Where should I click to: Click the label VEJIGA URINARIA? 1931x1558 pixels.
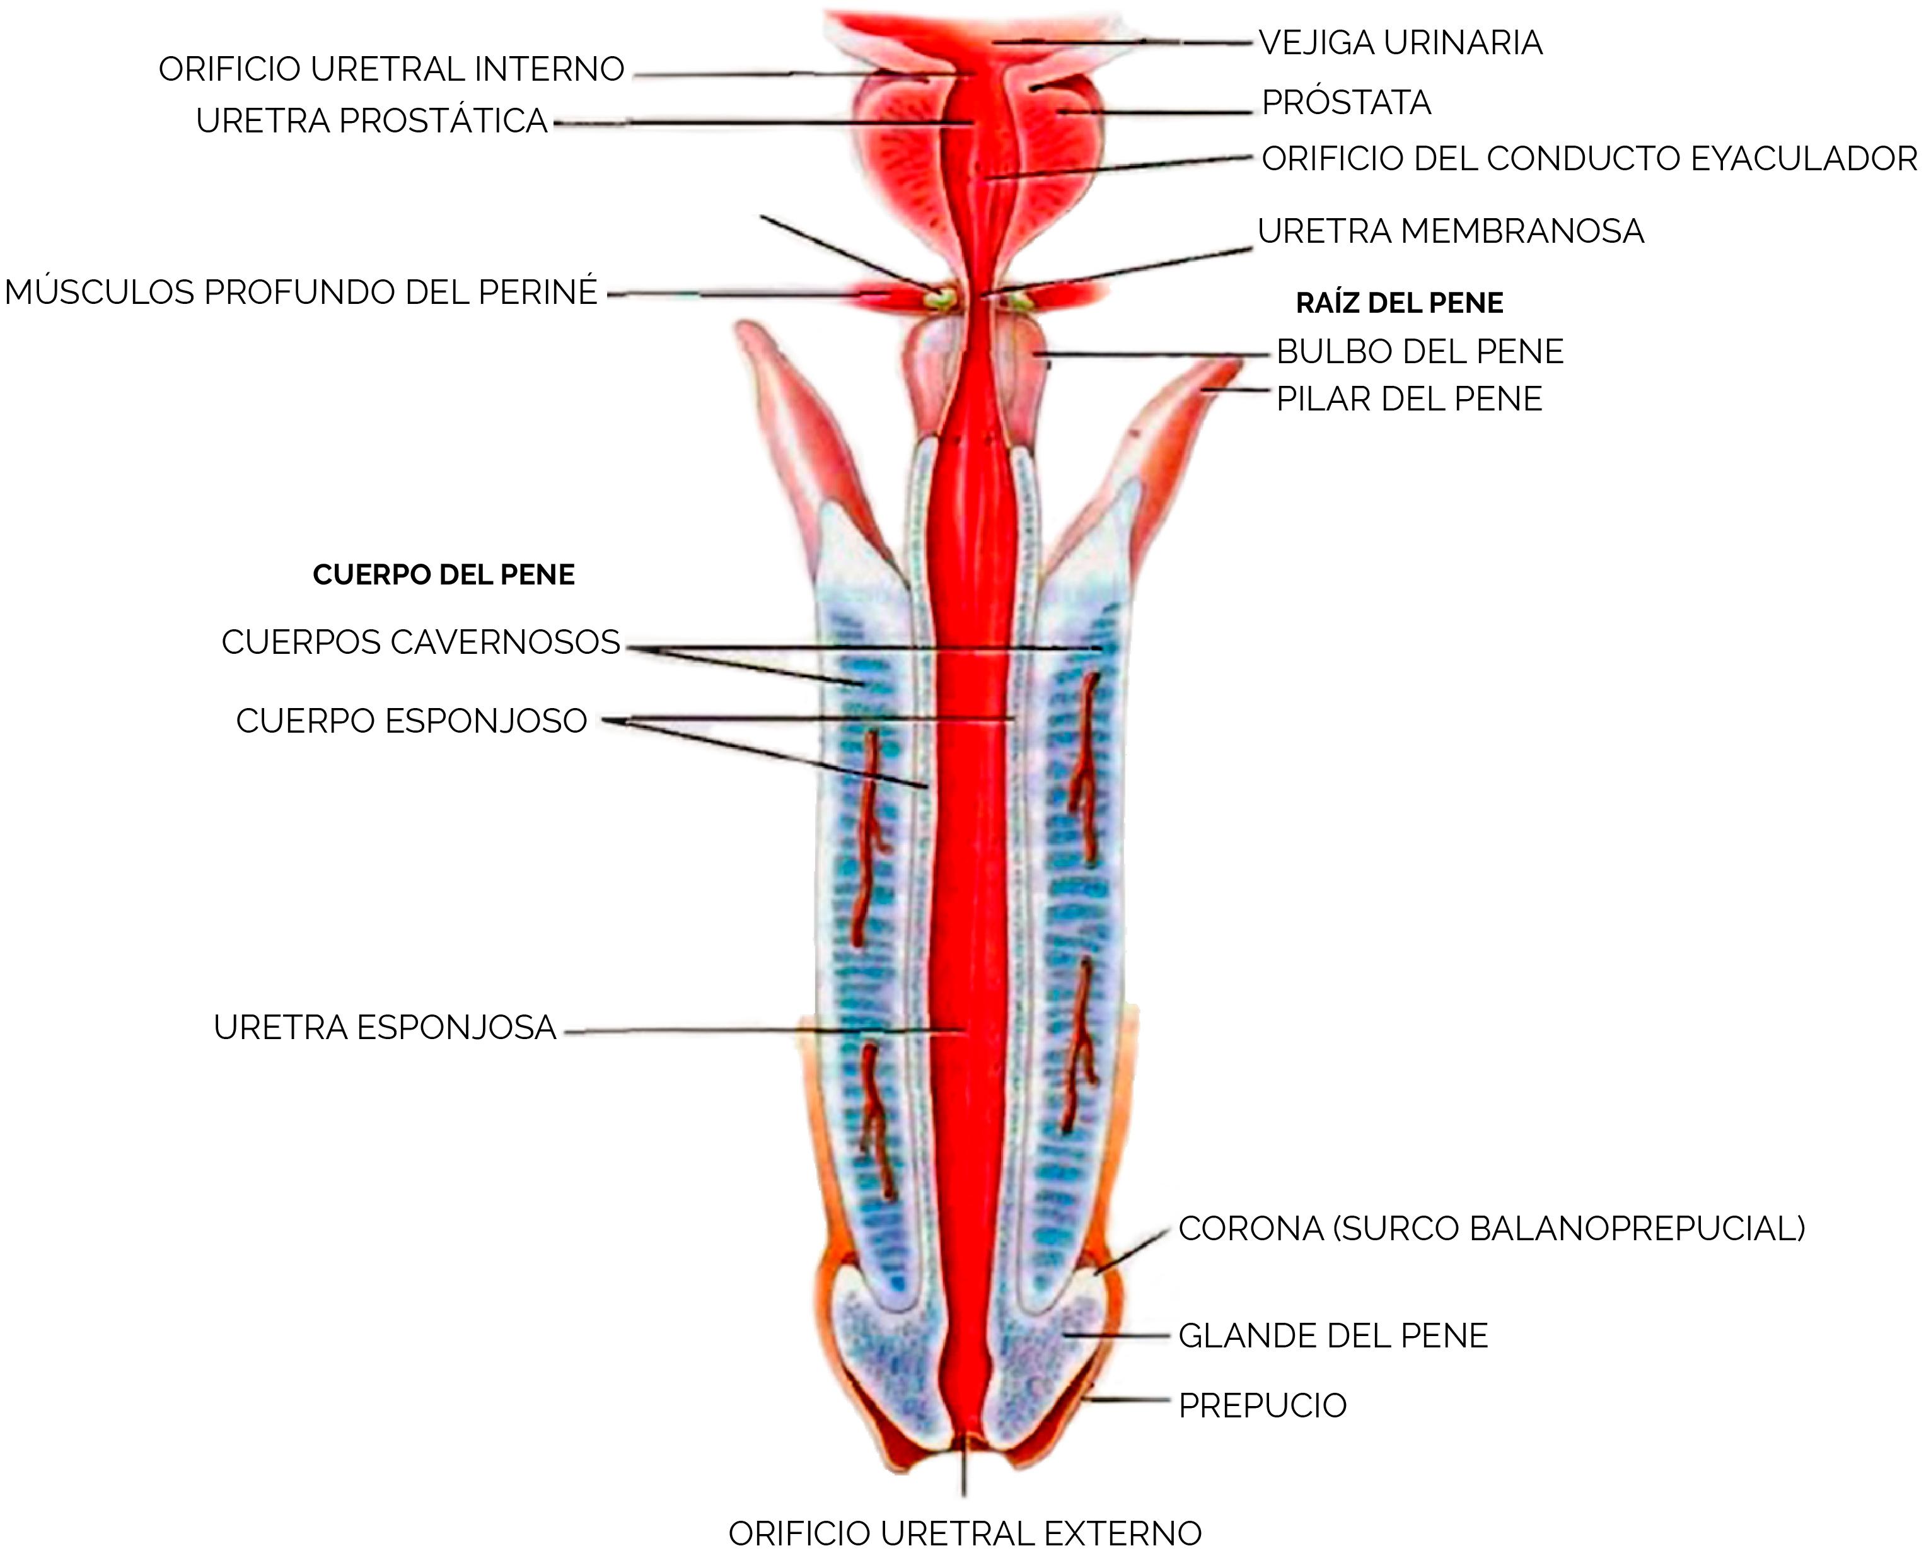[x=1401, y=42]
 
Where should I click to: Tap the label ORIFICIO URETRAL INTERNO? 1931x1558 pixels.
[x=391, y=69]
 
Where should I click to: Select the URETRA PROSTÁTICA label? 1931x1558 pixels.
[x=371, y=120]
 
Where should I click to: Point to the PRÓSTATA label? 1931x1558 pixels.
[x=1346, y=102]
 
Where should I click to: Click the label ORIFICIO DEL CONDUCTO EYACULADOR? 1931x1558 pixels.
[x=1589, y=159]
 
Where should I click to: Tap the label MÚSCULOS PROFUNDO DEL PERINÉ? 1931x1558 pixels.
[x=301, y=293]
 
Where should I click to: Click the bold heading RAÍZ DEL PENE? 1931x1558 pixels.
[x=1400, y=303]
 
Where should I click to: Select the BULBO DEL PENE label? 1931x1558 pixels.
[x=1420, y=351]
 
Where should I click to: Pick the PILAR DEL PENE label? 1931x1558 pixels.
[x=1410, y=398]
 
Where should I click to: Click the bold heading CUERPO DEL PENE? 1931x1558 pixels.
[x=443, y=574]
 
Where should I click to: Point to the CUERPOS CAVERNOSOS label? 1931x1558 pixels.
[x=421, y=642]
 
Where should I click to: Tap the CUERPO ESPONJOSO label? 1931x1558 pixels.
[x=412, y=721]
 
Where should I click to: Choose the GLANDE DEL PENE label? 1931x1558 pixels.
[x=1333, y=1336]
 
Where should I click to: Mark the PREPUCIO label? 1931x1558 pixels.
[x=1263, y=1405]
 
